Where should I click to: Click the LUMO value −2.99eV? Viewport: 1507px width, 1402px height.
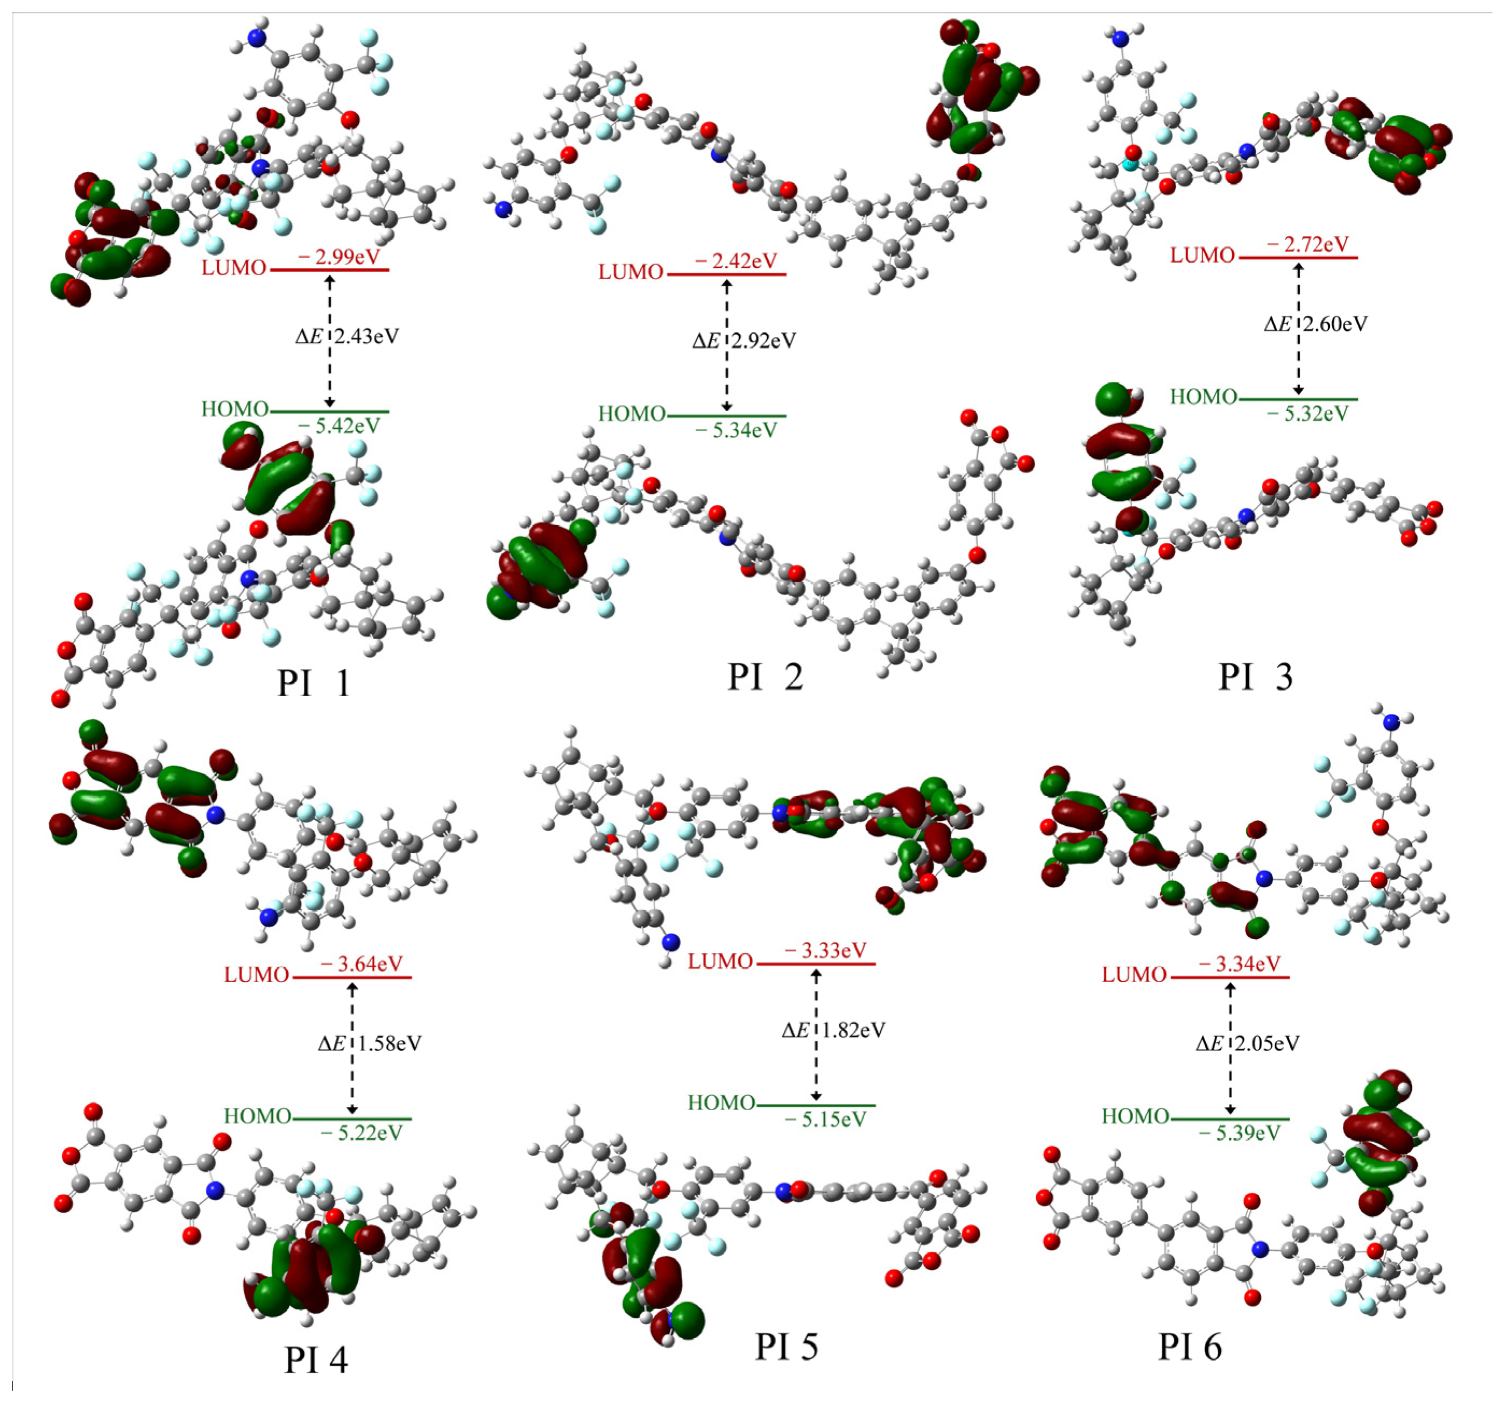[339, 257]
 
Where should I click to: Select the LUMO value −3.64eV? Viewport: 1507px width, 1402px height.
[362, 964]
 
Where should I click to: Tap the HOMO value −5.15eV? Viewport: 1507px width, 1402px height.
[825, 1120]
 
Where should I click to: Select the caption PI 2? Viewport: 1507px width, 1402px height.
[765, 677]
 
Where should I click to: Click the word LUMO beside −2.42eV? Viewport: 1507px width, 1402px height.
[631, 272]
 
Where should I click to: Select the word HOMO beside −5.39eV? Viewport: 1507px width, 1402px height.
[1135, 1116]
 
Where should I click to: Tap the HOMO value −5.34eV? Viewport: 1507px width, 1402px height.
[736, 430]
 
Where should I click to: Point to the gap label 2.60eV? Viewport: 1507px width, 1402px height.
[1334, 324]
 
